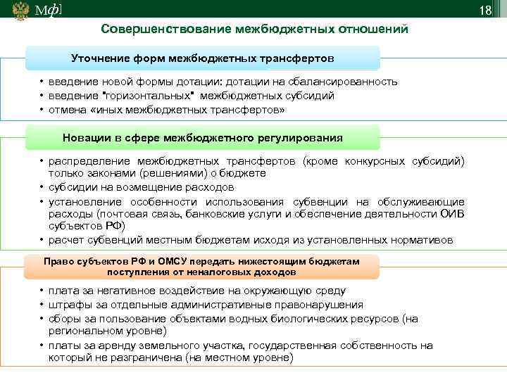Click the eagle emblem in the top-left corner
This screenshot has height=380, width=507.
coord(18,11)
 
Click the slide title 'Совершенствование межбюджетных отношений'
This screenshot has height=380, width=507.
coord(254,30)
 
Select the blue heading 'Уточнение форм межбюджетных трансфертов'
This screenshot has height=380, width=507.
coord(203,56)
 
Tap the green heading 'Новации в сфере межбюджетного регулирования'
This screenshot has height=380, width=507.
coord(203,138)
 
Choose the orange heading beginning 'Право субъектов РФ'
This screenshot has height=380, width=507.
coord(202,266)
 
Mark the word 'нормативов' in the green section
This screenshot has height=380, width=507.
coord(420,240)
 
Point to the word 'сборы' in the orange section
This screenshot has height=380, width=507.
coord(63,318)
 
